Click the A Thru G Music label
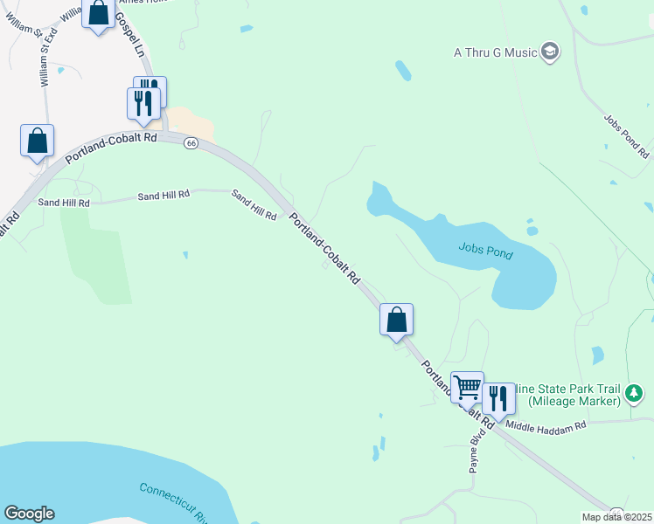(x=494, y=52)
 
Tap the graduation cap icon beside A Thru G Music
(x=550, y=52)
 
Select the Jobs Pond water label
(x=485, y=253)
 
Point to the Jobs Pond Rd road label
(x=626, y=136)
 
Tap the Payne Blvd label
(x=477, y=451)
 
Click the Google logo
(x=29, y=514)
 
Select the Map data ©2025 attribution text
(x=617, y=517)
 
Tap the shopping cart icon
(x=467, y=386)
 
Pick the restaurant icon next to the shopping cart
(x=498, y=398)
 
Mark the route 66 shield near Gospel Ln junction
(x=190, y=143)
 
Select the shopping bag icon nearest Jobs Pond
(x=396, y=319)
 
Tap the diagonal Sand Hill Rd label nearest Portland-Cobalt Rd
(x=254, y=203)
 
